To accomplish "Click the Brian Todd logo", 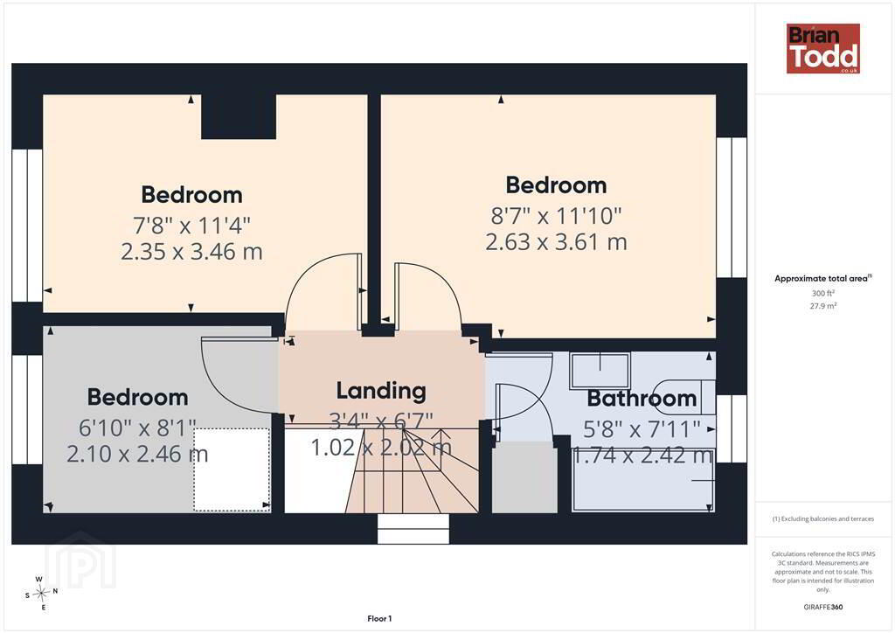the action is click(822, 48).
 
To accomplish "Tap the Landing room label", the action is click(381, 391).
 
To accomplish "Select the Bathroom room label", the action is click(642, 399).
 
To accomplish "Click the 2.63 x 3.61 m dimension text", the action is click(556, 242).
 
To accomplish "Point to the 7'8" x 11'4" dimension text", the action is click(191, 226).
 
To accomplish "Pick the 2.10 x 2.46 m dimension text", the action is click(137, 455).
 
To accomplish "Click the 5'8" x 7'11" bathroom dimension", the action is click(642, 429).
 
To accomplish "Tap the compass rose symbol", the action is click(41, 594).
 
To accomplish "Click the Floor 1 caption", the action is click(379, 619).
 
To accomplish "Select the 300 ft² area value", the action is click(823, 294).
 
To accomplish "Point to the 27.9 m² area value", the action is click(823, 306).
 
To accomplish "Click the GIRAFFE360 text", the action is click(823, 608).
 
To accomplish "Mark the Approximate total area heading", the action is click(823, 279).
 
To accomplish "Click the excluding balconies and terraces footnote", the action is click(823, 518).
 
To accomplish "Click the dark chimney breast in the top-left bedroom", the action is click(239, 116).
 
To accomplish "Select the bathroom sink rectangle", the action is click(600, 372).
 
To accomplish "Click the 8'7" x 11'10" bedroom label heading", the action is click(556, 185).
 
